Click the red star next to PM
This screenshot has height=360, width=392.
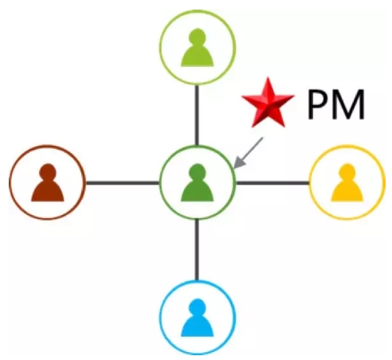point(268,104)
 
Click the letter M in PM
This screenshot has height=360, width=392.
point(348,104)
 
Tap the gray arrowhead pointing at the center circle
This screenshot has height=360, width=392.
point(239,162)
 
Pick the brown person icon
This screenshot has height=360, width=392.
point(48,182)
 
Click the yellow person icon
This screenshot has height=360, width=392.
point(347,182)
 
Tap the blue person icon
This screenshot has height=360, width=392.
point(198,318)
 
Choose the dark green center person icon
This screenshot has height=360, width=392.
point(198,182)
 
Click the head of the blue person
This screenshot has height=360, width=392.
point(198,307)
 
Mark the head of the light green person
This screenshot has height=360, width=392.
point(198,37)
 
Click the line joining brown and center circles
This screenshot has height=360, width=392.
point(123,183)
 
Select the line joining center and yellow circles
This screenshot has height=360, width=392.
point(272,183)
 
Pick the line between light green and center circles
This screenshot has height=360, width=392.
point(197,115)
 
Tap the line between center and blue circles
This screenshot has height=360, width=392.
point(197,250)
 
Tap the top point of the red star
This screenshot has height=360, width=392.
point(268,77)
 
